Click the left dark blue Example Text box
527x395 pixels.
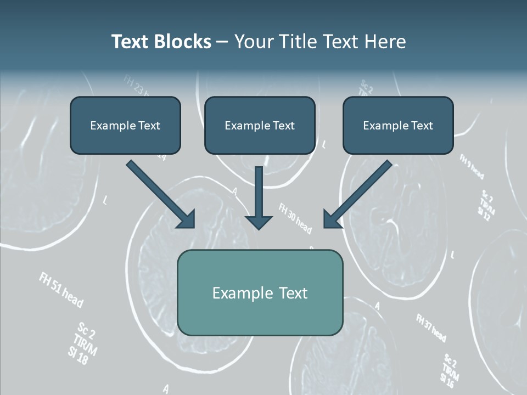click(x=125, y=125)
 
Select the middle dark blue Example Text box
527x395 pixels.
click(x=260, y=125)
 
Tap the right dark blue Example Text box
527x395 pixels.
click(x=398, y=125)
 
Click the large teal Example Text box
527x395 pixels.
click(x=260, y=292)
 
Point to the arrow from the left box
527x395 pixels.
click(x=159, y=193)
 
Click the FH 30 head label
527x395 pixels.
click(x=295, y=218)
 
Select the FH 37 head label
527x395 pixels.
click(x=431, y=328)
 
